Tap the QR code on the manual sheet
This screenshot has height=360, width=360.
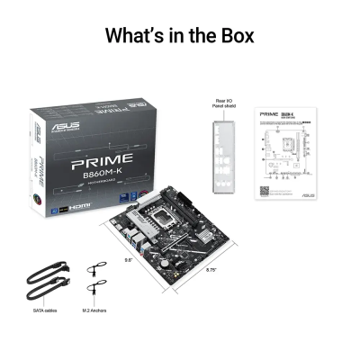[265, 190]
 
